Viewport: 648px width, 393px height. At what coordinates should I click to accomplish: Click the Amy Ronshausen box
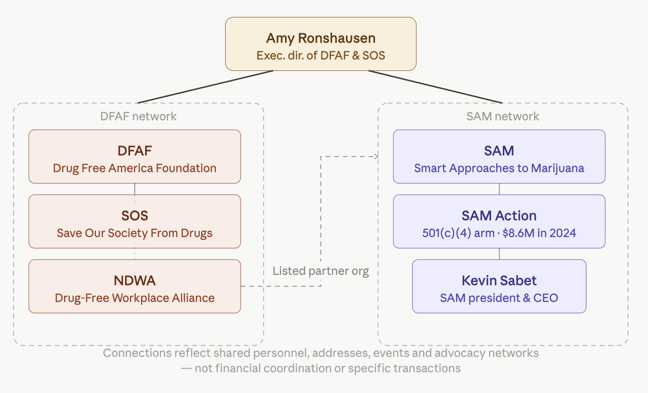coord(320,44)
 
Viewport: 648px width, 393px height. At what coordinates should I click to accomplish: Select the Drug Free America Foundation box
coord(134,156)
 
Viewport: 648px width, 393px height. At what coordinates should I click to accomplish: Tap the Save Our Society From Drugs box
coord(134,221)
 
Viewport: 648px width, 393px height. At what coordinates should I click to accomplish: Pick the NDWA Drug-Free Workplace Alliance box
coord(134,286)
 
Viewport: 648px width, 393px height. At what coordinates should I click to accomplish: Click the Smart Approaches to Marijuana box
coord(499,156)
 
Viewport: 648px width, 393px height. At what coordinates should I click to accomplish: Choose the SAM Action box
coord(499,221)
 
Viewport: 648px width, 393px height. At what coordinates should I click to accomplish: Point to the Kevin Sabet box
coord(499,286)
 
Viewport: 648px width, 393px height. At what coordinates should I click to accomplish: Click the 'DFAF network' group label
coord(138,116)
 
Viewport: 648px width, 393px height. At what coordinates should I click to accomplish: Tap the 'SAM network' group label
coord(502,116)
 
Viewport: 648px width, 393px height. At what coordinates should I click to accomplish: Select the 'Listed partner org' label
coord(320,271)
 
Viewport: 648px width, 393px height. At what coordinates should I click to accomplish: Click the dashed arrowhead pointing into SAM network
coord(376,156)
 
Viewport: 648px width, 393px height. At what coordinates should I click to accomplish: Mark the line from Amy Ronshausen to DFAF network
coord(205,87)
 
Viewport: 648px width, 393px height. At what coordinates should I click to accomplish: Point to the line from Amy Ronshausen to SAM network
coord(435,87)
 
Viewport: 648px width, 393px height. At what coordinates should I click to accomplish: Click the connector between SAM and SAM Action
coord(499,189)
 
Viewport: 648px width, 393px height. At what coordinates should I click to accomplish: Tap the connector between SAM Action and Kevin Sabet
coord(499,254)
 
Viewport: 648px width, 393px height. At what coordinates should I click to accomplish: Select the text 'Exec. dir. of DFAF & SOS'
coord(320,55)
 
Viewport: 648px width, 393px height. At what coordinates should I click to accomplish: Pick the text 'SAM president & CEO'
coord(499,298)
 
